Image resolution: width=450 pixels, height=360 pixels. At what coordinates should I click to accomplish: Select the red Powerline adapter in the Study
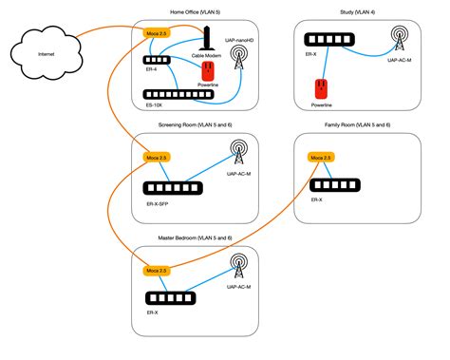tap(320, 90)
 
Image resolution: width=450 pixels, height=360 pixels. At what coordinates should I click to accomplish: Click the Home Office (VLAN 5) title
tap(167, 12)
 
